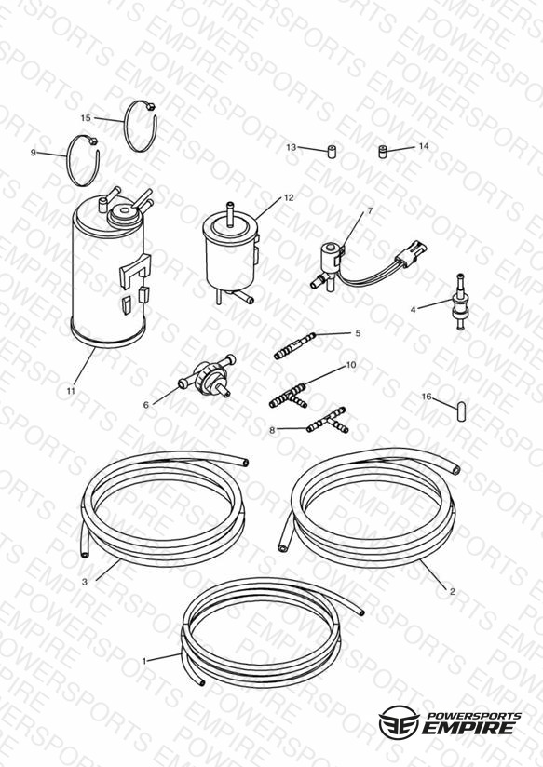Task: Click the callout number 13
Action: pyautogui.click(x=292, y=147)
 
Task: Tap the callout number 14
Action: pyautogui.click(x=424, y=146)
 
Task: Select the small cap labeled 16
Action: pyautogui.click(x=461, y=411)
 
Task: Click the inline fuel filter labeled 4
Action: pyautogui.click(x=459, y=302)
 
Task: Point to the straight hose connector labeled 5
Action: pyautogui.click(x=294, y=346)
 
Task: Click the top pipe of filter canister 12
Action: pyautogui.click(x=229, y=213)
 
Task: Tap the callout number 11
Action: pyautogui.click(x=71, y=391)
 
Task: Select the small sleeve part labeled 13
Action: pyautogui.click(x=332, y=151)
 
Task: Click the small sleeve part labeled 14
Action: pyautogui.click(x=383, y=152)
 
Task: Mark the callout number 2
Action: pyautogui.click(x=452, y=591)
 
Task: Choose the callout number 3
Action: pyautogui.click(x=85, y=582)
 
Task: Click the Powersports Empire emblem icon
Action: pyautogui.click(x=399, y=721)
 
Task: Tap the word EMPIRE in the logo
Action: pyautogui.click(x=469, y=727)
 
